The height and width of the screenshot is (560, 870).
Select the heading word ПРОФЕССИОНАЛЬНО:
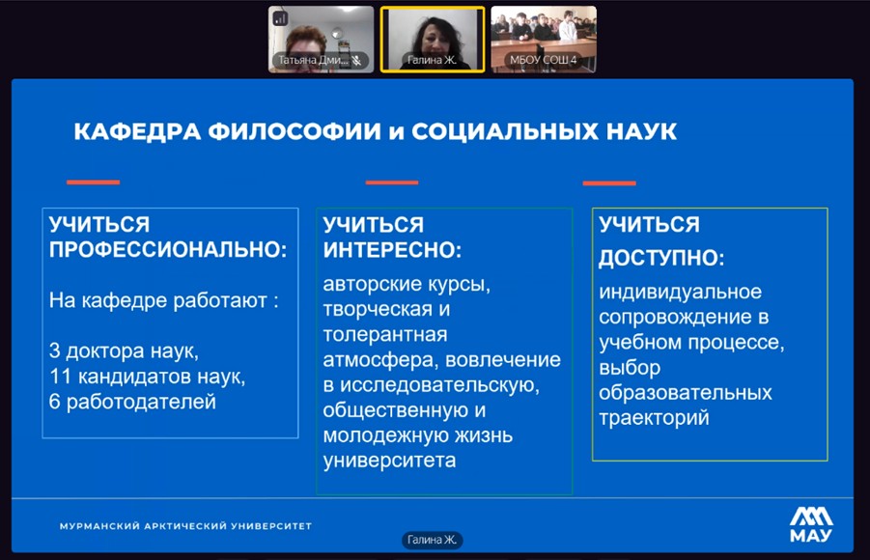coord(168,250)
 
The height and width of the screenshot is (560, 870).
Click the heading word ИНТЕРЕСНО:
coord(392,250)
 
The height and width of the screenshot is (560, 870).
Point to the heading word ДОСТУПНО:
coord(661,258)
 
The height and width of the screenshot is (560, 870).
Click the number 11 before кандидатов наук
coord(61,377)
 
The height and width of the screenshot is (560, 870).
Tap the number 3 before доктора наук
coord(54,350)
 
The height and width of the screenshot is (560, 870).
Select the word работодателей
coord(141,402)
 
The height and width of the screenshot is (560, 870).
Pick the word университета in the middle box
coord(389,461)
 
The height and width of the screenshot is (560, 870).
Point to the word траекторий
coord(654,418)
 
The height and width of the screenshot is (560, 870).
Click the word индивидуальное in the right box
coord(680,292)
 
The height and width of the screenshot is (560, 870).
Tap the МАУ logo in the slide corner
coord(811,524)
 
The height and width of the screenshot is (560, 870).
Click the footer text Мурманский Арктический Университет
coord(185,525)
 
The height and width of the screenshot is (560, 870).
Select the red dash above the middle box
coord(392,182)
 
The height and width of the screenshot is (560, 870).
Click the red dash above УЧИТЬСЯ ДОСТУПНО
coord(609,182)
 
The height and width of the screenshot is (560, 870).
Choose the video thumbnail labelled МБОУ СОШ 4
coord(544,40)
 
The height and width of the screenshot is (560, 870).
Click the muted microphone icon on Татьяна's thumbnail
coord(356,60)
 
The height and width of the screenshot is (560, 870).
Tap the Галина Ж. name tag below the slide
coord(432,540)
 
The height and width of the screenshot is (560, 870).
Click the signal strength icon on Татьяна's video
coord(280,19)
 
